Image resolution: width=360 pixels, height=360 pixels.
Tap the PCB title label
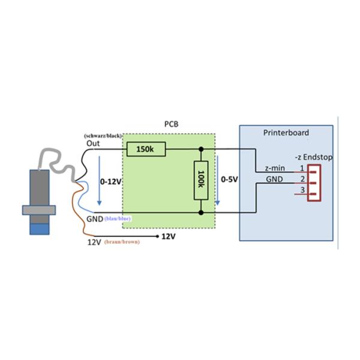[x=171, y=124]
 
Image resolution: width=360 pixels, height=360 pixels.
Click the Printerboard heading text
[x=286, y=133]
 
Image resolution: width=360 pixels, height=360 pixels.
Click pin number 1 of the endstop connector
[x=303, y=168]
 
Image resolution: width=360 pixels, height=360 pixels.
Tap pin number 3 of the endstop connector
[x=303, y=190]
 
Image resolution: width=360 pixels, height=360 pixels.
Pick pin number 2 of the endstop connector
[x=303, y=179]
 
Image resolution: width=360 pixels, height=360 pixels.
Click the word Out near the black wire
[x=93, y=143]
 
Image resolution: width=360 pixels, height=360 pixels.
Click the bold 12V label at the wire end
[x=169, y=236]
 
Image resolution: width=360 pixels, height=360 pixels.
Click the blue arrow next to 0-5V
[x=220, y=180]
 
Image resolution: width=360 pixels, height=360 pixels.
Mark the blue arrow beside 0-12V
[x=100, y=180]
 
